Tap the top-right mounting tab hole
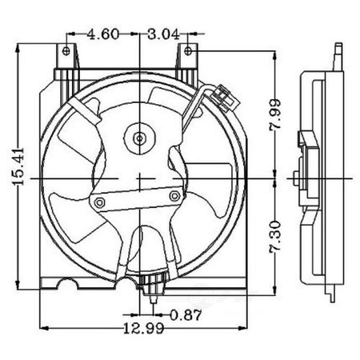pos(187,50)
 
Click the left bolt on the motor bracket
pos(99,203)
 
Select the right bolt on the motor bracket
pos(174,194)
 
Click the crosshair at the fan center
pos(141,175)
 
